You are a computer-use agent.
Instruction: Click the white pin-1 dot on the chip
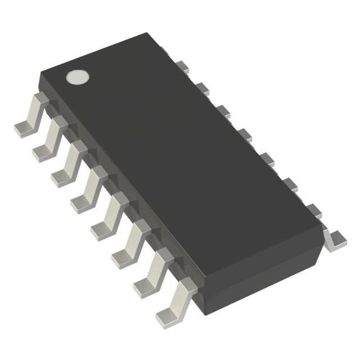click(78, 77)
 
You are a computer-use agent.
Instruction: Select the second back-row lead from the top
click(202, 88)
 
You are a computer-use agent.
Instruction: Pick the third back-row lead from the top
click(223, 111)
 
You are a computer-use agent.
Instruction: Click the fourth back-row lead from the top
click(244, 134)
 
